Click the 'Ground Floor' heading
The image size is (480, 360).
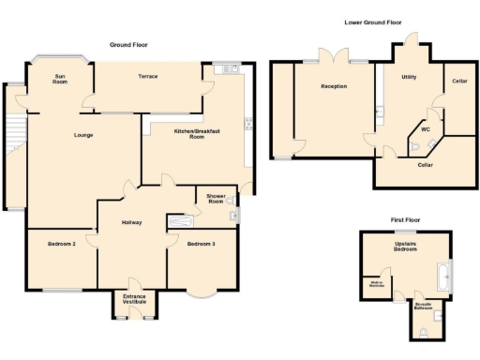pyautogui.click(x=129, y=44)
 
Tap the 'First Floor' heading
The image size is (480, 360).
pyautogui.click(x=405, y=219)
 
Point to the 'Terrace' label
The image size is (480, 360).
pyautogui.click(x=147, y=75)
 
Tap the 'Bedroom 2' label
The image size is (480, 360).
pyautogui.click(x=61, y=244)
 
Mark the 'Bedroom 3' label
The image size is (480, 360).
pyautogui.click(x=200, y=244)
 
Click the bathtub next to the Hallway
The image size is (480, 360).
pyautogui.click(x=180, y=222)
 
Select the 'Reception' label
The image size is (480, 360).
pyautogui.click(x=333, y=86)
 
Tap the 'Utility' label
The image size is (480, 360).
pyautogui.click(x=408, y=77)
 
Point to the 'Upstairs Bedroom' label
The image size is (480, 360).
pyautogui.click(x=405, y=247)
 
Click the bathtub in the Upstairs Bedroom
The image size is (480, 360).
pyautogui.click(x=443, y=277)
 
